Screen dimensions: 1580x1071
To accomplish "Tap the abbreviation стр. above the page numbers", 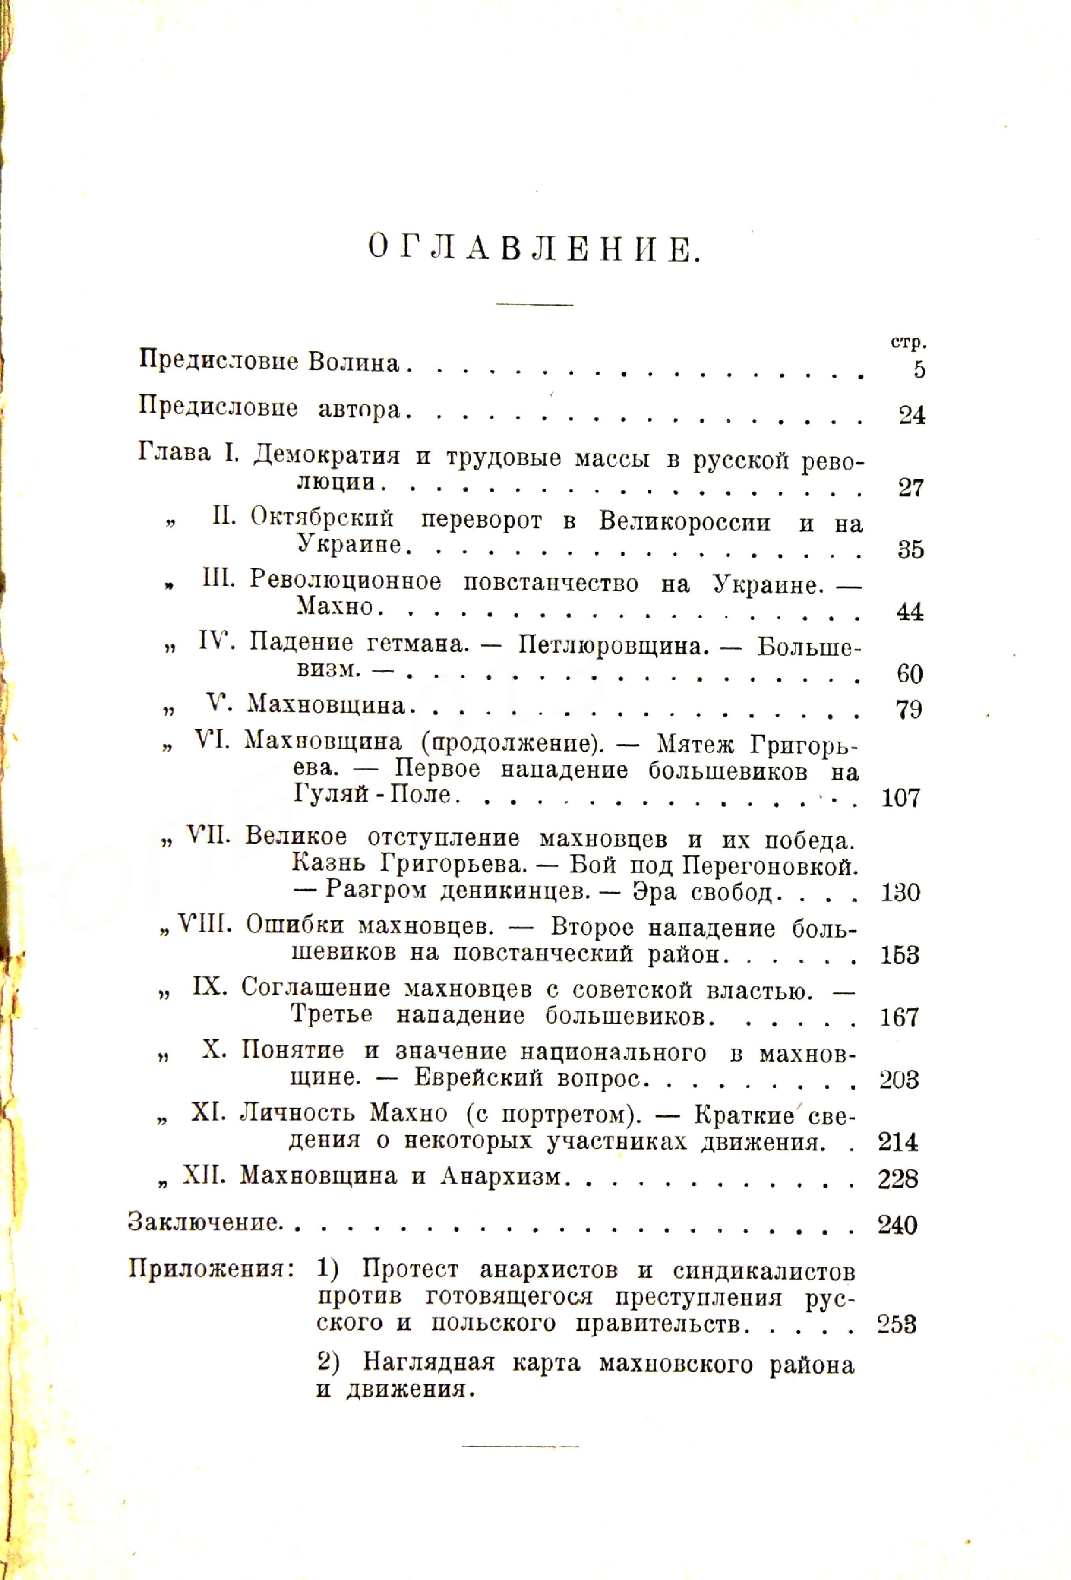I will coord(909,342).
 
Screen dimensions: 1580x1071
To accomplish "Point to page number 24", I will coord(912,416).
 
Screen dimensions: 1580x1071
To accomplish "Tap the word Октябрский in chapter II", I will coord(322,518).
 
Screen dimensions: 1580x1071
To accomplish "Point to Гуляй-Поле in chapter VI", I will coord(373,794).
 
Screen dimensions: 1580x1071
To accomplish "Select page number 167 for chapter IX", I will coord(899,1018).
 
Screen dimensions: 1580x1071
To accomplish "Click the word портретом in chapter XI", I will coord(566,1114).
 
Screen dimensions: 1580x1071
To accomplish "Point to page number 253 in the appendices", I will coord(897,1324).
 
